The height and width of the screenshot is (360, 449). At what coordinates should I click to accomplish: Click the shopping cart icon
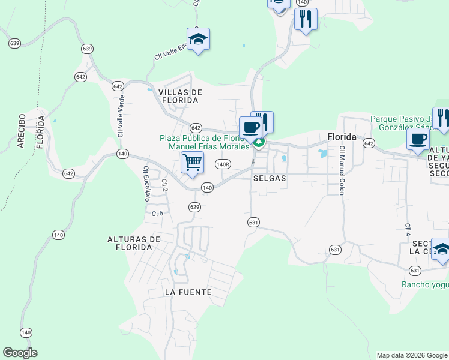192,162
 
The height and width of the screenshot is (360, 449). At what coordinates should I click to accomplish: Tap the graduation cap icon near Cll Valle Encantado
198,40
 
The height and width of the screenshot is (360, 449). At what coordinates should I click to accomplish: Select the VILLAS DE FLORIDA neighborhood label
178,96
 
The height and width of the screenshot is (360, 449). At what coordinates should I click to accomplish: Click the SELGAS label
269,178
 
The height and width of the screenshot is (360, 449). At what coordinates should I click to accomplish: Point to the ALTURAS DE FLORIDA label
134,243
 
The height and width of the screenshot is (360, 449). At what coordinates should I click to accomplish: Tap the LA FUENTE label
188,292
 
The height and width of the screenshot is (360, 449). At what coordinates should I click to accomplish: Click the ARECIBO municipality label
21,130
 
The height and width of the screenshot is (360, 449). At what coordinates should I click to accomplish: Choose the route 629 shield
194,207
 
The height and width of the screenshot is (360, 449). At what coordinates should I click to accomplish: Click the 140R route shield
223,164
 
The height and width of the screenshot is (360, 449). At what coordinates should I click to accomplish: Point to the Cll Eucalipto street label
145,184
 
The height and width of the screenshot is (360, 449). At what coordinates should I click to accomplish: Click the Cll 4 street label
408,230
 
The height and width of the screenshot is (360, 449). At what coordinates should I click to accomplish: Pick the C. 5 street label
157,214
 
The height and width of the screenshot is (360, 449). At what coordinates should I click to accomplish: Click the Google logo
20,353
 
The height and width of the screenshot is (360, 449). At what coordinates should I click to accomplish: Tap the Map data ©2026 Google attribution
411,355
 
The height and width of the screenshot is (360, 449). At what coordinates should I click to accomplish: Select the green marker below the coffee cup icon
259,143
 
